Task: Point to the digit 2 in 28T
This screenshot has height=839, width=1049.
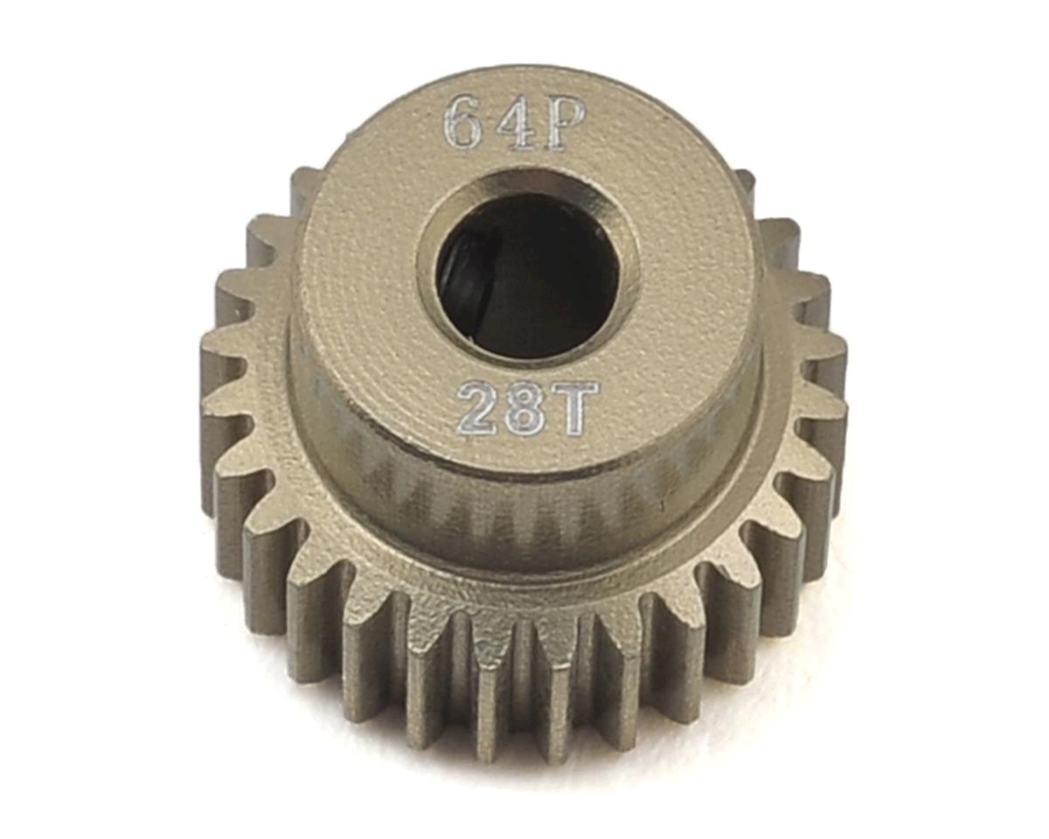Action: [479, 409]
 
